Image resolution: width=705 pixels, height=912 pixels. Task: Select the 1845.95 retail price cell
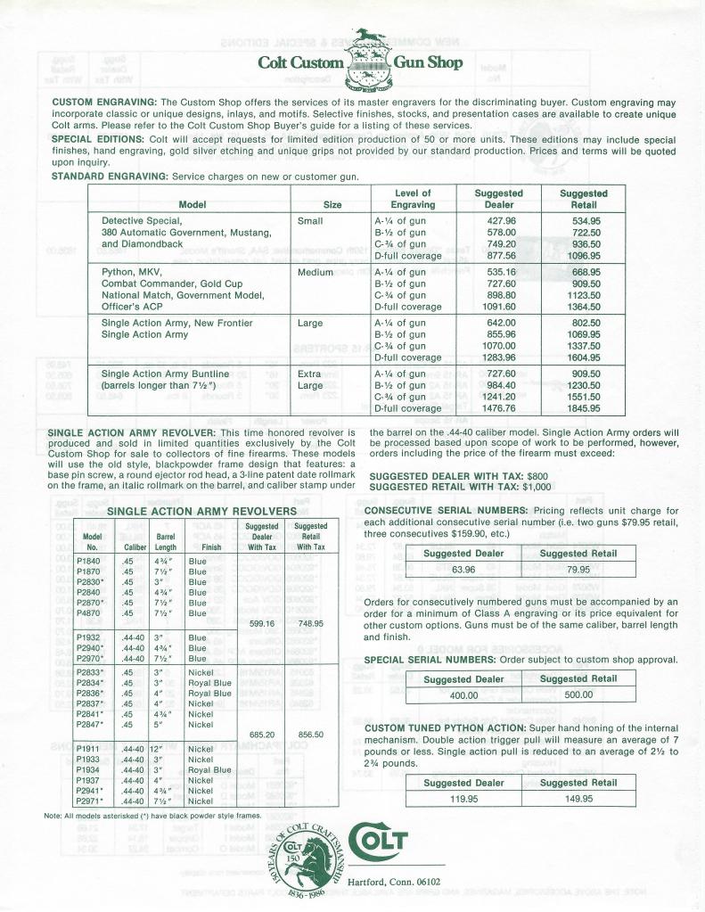[583, 408]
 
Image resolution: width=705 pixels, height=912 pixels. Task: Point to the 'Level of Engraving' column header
[413, 198]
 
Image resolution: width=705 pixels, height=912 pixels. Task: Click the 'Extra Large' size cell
[311, 380]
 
